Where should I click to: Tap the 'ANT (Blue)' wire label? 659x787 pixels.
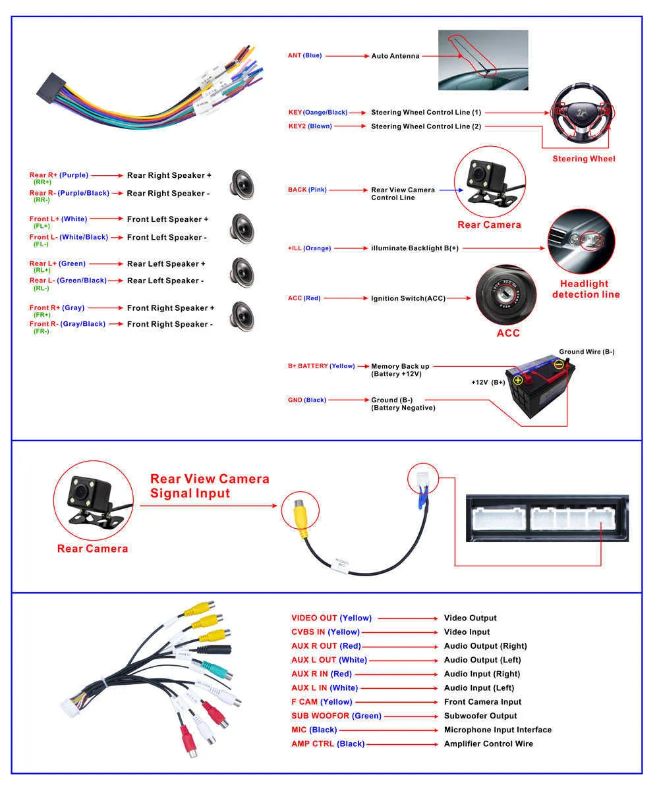(304, 55)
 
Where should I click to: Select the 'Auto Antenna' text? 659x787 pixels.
(395, 56)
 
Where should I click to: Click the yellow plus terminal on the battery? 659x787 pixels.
(518, 380)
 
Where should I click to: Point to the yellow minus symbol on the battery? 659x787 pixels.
(559, 364)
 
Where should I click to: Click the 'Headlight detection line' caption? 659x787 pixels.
(585, 289)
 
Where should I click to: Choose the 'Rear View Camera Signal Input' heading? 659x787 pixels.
(210, 486)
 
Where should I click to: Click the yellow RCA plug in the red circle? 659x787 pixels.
(300, 514)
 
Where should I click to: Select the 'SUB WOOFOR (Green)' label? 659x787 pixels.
(336, 716)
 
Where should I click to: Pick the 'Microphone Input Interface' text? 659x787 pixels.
(498, 730)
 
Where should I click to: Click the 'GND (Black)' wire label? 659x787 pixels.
(306, 400)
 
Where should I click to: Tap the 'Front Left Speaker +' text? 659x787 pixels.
(167, 219)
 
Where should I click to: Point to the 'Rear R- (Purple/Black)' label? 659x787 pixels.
(69, 194)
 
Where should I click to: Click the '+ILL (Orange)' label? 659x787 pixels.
(309, 248)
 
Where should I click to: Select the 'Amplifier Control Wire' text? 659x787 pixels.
(488, 744)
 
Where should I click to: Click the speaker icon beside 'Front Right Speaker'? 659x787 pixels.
(241, 315)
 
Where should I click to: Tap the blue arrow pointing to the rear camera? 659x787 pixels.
(447, 190)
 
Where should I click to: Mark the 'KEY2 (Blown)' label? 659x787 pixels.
(310, 126)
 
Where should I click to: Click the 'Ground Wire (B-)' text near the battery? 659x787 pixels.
(587, 352)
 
